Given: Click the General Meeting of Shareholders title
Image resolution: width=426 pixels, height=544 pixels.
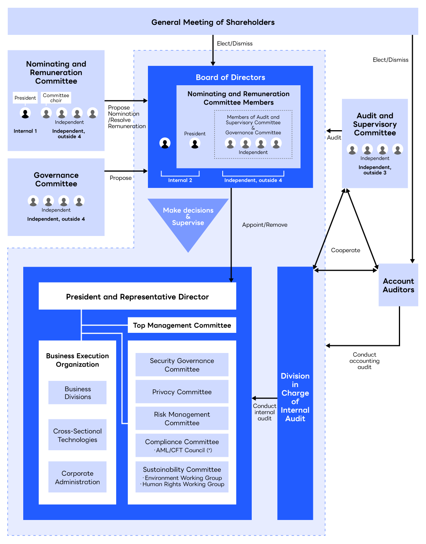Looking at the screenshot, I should pos(213,22).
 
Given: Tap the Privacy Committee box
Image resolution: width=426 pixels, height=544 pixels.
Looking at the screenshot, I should pos(182,392).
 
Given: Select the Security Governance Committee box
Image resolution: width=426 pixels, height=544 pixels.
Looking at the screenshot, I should pos(182,365).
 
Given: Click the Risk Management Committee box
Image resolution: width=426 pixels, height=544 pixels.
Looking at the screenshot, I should pos(182,418).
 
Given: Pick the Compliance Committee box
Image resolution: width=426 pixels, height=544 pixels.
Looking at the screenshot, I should pos(182,445).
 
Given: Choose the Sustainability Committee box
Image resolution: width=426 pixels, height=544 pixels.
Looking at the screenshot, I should pos(182,477).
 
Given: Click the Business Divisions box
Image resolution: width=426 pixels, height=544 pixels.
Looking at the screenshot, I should pos(77,393).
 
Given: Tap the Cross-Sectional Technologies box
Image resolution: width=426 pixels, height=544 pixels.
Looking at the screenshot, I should pos(77,435).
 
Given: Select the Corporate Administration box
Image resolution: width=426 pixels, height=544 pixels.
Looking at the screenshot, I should pos(77,477).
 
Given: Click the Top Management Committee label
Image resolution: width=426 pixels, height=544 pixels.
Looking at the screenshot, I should pos(182,325).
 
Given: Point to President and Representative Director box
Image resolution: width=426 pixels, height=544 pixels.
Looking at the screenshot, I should pos(137,296).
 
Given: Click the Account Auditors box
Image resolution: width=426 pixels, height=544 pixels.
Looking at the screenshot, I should pos(398,285).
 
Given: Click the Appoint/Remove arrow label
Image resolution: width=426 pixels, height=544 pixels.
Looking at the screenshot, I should pos(265,225).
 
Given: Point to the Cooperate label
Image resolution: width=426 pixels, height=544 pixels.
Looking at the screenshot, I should pos(345,250).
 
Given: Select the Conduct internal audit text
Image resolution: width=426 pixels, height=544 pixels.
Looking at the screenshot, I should pos(265,412).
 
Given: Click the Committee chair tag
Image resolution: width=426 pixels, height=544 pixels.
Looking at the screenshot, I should pos(56,98).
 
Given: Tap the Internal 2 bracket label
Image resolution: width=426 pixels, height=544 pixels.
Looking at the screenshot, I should pos(180,180).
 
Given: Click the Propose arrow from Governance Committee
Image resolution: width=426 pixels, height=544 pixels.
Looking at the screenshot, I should pos(126,171).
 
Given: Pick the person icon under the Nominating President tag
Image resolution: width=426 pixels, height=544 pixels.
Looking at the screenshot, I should pos(25,113).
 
